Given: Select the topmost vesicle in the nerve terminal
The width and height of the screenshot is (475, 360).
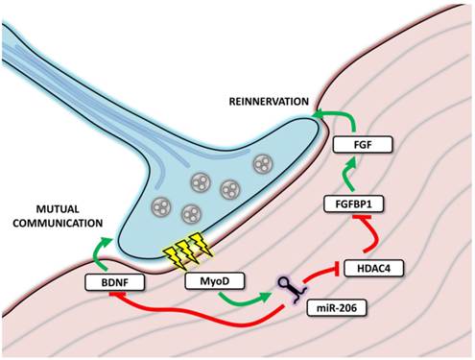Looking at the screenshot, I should [261, 165].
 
